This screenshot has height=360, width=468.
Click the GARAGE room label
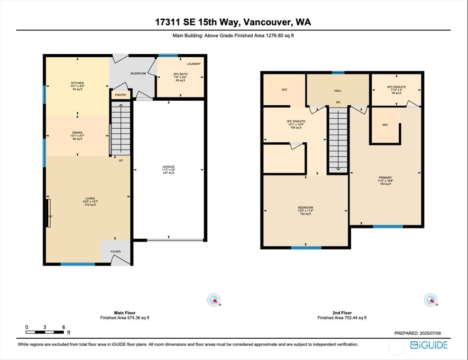click(169, 167)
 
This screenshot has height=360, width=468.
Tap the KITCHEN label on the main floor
click(77, 83)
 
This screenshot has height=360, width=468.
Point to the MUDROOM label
click(138, 73)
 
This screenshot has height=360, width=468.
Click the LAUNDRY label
click(193, 64)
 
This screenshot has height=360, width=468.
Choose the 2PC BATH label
click(181, 74)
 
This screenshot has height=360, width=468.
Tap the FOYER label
click(115, 252)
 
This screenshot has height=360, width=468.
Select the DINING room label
click(77, 133)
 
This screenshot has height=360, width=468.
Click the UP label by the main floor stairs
click(121, 160)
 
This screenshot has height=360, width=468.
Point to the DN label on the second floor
click(338, 103)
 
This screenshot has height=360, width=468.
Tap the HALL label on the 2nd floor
click(338, 90)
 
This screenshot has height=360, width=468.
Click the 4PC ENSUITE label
click(396, 87)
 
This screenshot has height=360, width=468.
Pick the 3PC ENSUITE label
click(296, 121)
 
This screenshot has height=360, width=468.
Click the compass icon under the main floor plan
click(214, 300)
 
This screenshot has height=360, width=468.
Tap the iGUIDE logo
click(429, 345)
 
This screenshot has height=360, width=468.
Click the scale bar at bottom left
click(45, 332)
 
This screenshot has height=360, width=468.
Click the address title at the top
click(233, 22)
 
